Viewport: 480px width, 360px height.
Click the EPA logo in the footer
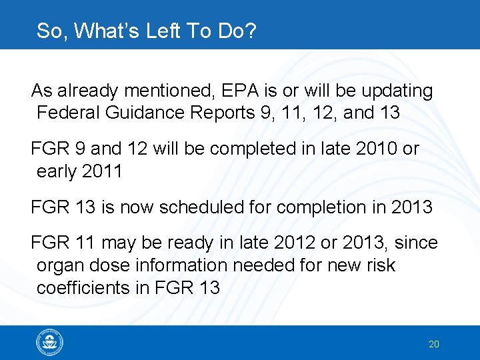(50, 343)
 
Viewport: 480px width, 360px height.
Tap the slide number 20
(434, 344)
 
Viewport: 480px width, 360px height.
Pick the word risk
(379, 265)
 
